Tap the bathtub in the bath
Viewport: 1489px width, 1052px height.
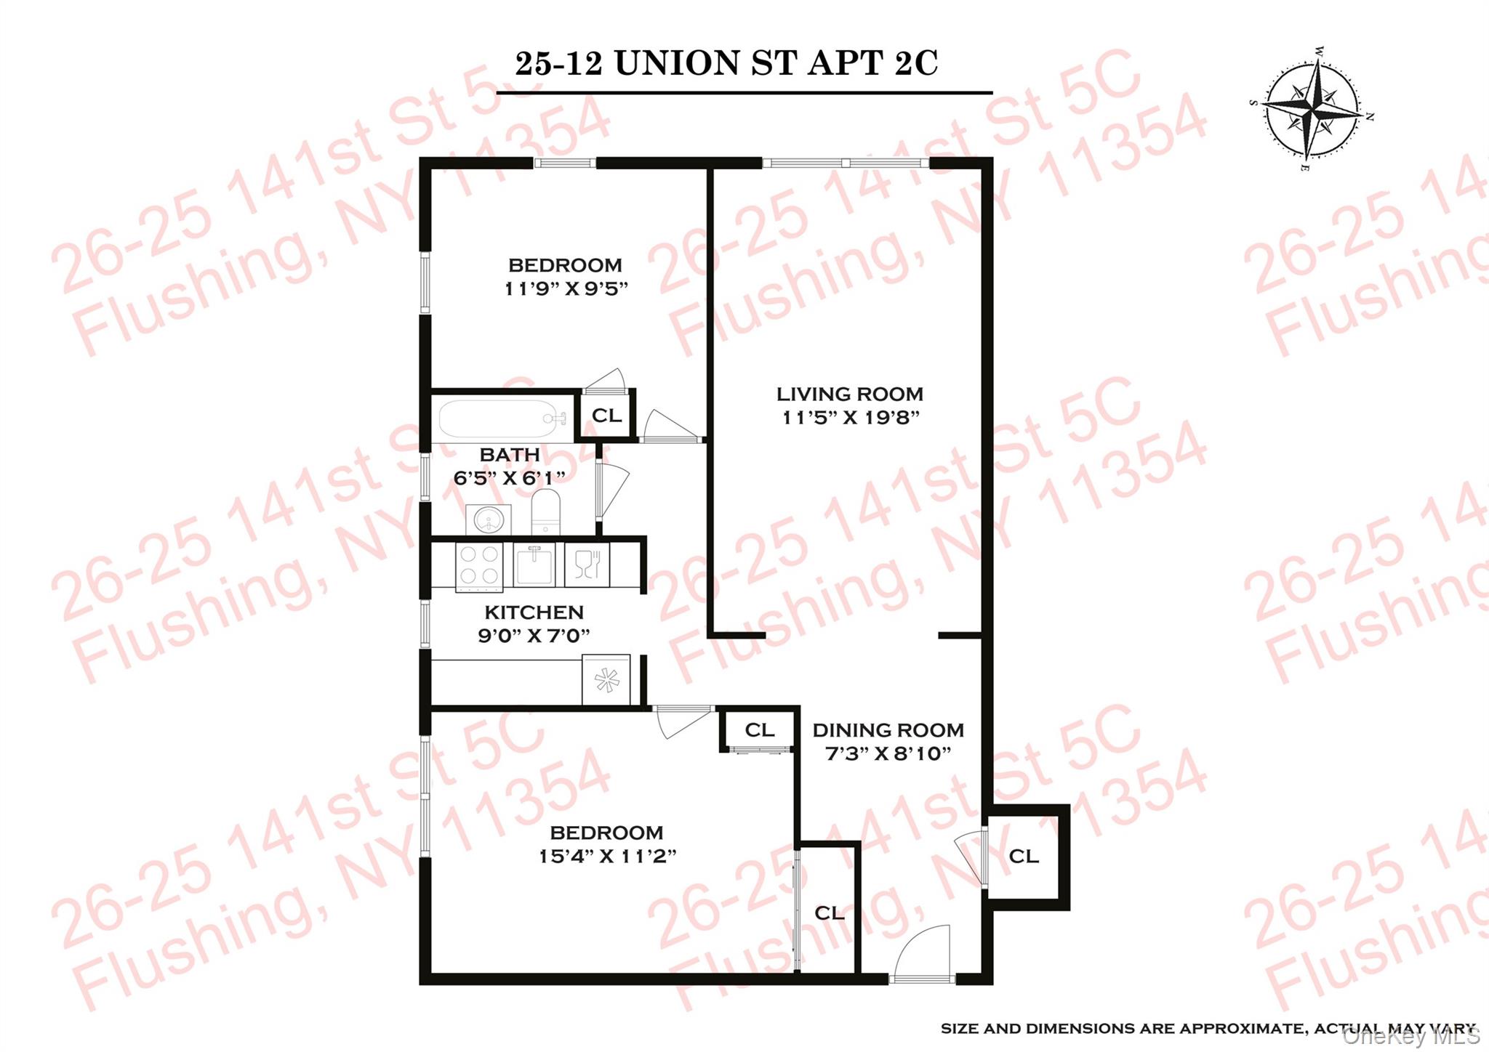[502, 418]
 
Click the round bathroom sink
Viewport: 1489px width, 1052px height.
[489, 519]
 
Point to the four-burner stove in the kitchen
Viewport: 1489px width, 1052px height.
[479, 566]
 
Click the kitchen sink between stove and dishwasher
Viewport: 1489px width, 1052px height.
[534, 564]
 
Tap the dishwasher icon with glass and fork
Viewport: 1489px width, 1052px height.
[587, 565]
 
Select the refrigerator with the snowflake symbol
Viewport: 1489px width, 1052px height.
[606, 680]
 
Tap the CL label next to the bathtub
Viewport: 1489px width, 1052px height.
[606, 416]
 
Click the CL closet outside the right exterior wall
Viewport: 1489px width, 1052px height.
[1024, 857]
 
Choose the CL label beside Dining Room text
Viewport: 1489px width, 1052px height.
[759, 730]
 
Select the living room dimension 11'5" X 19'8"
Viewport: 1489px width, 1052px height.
[851, 418]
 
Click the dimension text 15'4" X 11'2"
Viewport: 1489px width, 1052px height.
[607, 857]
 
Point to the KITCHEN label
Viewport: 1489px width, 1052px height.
[534, 612]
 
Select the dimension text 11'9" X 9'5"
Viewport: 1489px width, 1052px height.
[566, 289]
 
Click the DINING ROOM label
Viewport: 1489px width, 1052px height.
[888, 730]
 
